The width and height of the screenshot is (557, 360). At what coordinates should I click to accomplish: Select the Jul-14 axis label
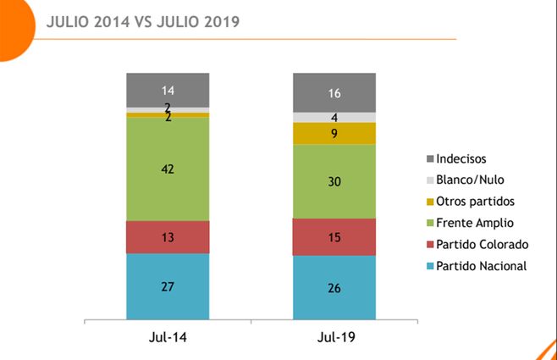167,338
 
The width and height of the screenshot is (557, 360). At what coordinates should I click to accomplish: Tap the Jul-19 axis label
334,338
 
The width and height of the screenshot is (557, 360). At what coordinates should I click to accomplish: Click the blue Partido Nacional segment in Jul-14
167,286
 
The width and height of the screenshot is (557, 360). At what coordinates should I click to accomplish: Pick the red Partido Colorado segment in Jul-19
334,236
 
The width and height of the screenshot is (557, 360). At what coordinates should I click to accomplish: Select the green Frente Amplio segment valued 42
167,169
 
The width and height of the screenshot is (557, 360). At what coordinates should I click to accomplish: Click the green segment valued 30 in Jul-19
334,181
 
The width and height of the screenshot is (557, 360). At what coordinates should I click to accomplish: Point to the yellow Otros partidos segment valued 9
334,133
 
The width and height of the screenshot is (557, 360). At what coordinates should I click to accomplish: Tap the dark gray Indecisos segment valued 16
334,92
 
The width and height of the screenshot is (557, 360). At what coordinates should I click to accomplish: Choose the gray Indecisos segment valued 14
167,90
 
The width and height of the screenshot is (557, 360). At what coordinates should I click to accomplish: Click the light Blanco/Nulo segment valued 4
334,118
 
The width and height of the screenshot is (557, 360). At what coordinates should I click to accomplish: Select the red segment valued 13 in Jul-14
167,237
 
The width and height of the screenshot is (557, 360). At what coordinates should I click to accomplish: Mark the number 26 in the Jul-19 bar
334,288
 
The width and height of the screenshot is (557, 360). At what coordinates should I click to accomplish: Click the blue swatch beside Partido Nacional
431,267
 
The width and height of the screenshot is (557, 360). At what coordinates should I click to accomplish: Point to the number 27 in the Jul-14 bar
167,286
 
